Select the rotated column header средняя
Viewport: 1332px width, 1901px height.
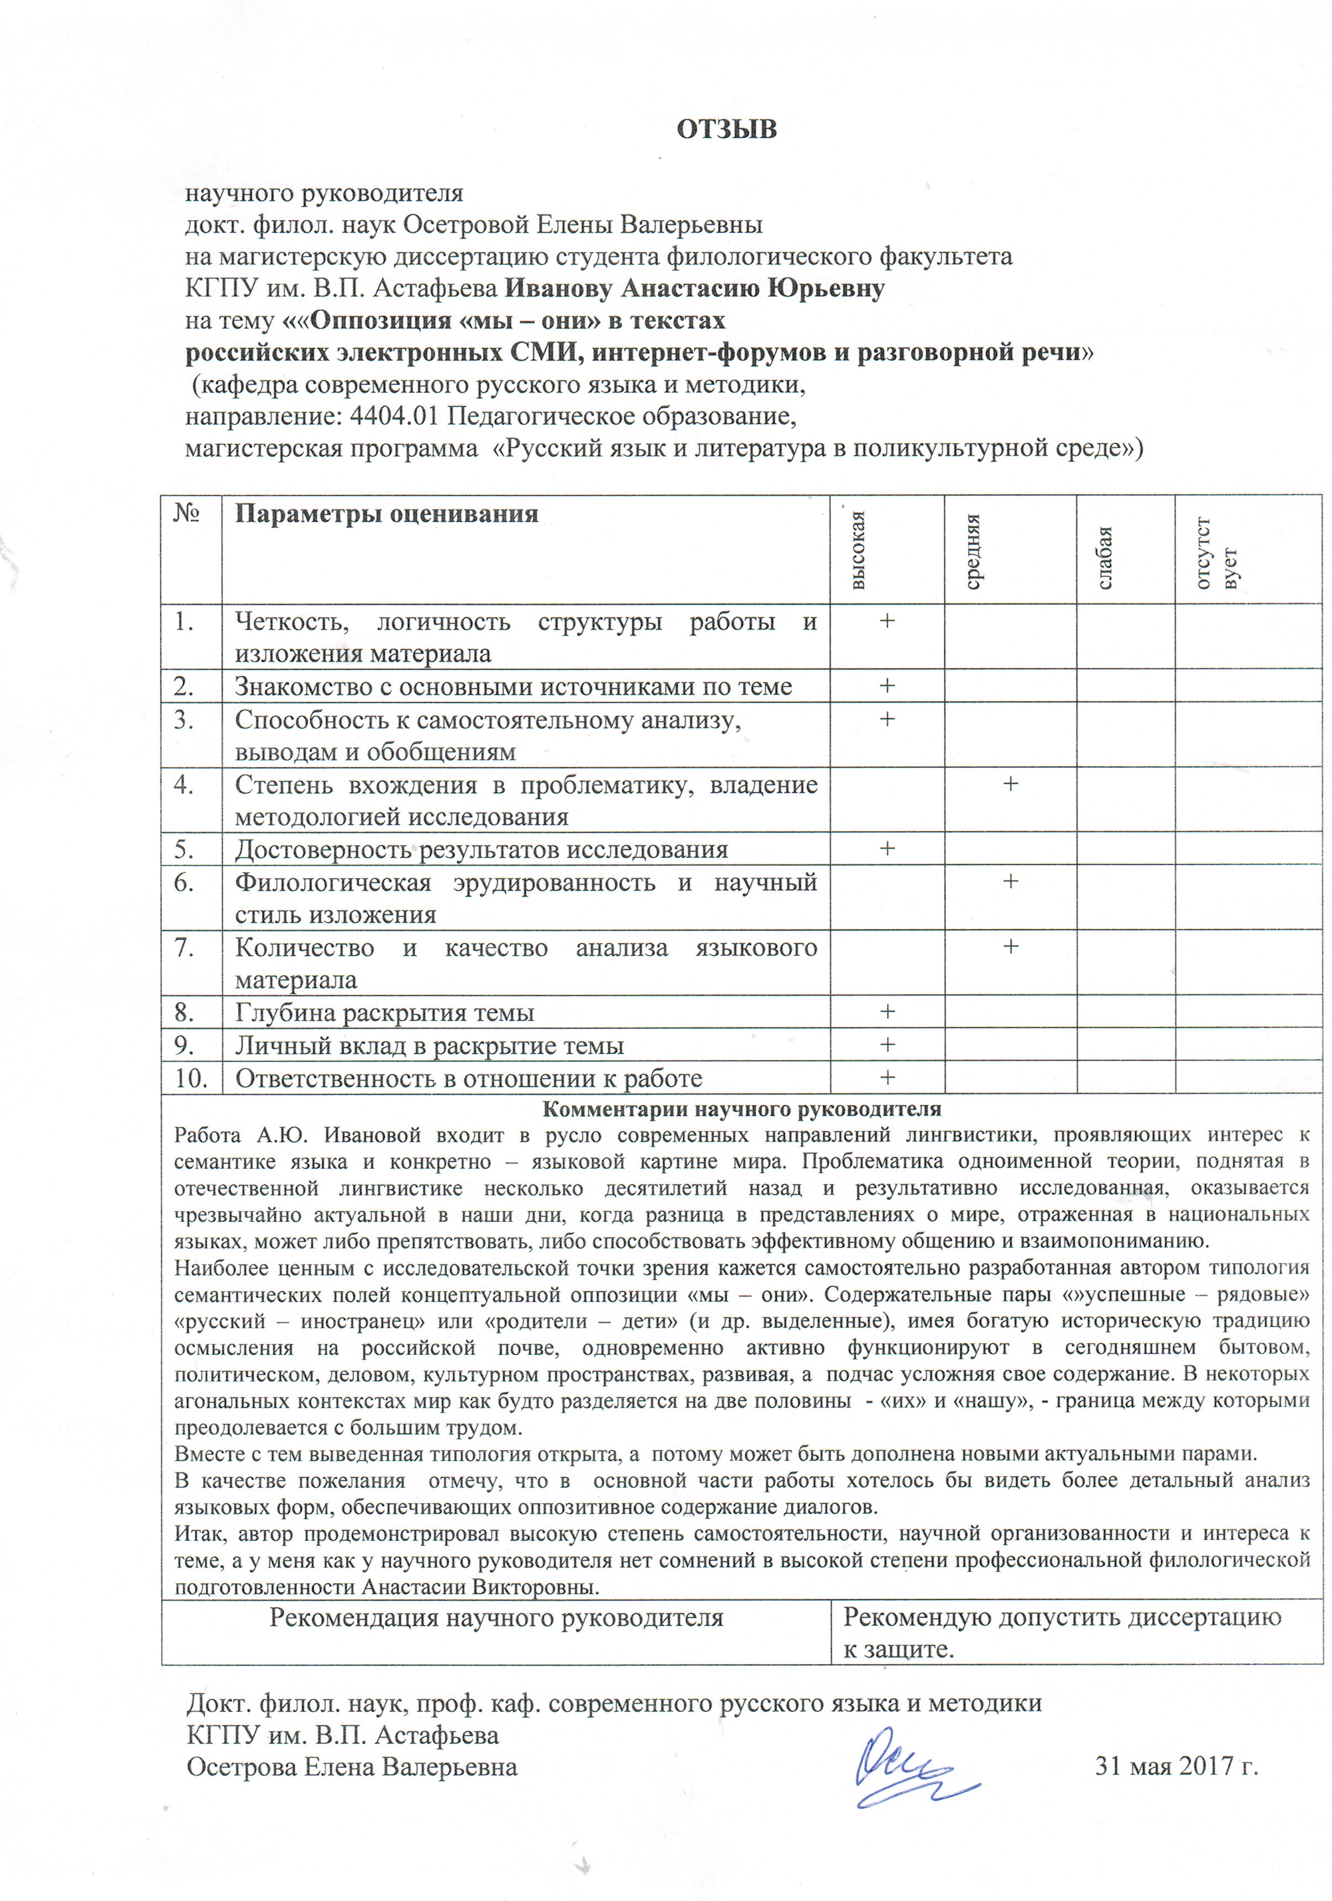coord(974,550)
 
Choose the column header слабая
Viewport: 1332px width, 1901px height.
coord(1105,556)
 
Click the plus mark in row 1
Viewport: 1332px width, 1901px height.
coord(887,620)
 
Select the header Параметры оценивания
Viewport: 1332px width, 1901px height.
coord(386,514)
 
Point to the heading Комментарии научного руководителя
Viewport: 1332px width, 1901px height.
coord(741,1108)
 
